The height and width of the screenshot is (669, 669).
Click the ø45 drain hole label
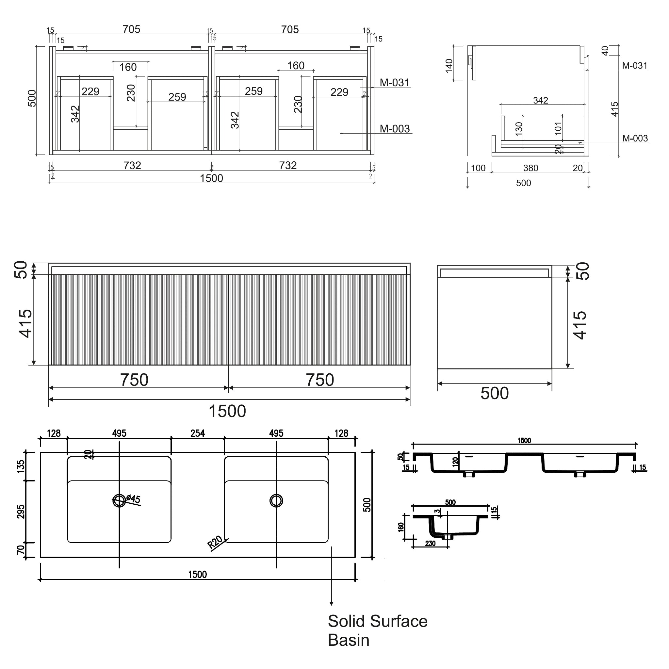point(133,499)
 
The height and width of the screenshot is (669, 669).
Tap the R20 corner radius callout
point(215,542)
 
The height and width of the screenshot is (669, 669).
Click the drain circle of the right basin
point(276,500)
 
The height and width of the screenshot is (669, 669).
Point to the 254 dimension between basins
point(198,433)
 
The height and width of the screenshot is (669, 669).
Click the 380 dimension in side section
point(530,168)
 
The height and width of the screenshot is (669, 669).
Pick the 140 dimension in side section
point(449,66)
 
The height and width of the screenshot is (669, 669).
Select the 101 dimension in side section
point(558,128)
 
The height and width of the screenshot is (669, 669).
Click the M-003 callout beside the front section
point(394,129)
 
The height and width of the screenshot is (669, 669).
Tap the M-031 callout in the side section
point(634,66)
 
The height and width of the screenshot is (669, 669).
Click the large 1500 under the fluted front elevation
point(227,411)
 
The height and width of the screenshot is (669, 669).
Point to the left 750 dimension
point(134,380)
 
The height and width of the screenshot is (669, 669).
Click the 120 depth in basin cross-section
point(455,462)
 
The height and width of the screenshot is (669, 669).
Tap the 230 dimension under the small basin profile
point(430,544)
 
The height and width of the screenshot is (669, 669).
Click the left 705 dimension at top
point(131,29)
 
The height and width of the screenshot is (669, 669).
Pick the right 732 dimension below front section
point(288,166)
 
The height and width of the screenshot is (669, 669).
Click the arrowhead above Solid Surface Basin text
point(331,604)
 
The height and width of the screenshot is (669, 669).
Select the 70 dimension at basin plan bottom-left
point(21,549)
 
